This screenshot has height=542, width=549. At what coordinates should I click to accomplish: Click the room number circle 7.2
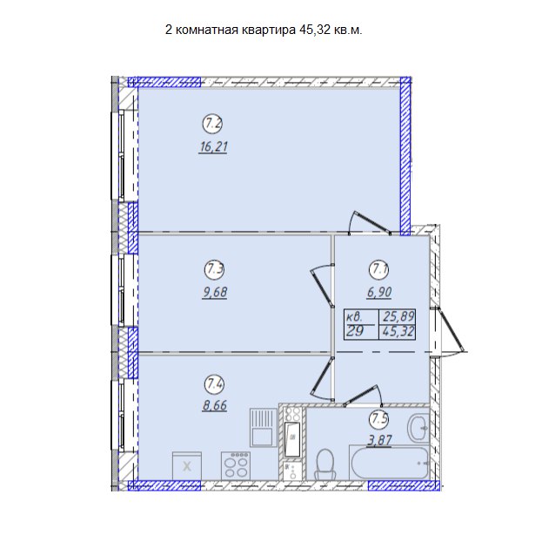[x=213, y=124]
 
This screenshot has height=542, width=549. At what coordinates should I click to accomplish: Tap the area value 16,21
[x=213, y=146]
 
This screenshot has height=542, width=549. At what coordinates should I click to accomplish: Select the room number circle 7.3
[x=214, y=269]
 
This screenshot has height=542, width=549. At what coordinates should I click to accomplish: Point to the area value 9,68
[x=215, y=292]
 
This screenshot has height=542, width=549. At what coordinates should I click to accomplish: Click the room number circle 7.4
[x=214, y=384]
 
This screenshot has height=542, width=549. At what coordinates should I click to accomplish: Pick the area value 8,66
[x=215, y=405]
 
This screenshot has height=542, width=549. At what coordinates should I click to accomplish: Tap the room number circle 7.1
[x=379, y=269]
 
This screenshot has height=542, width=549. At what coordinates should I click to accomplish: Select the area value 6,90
[x=379, y=292]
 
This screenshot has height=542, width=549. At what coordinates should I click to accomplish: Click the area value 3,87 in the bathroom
[x=379, y=440]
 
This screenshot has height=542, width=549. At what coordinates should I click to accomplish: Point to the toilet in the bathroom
[x=325, y=464]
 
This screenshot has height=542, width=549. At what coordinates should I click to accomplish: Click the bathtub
[x=389, y=462]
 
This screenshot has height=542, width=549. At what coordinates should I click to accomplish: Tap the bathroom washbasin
[x=418, y=428]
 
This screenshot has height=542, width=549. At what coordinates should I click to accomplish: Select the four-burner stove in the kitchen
[x=236, y=464]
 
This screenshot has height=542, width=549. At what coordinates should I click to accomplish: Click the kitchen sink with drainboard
[x=264, y=427]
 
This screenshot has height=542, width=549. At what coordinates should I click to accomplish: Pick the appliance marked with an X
[x=187, y=466]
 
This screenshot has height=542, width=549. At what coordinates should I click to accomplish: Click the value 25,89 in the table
[x=398, y=316]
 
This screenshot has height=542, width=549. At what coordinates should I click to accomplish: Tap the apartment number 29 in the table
[x=355, y=331]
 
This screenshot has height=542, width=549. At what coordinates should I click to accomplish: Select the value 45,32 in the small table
[x=398, y=331]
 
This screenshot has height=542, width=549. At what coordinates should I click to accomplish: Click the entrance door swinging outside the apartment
[x=451, y=331]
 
